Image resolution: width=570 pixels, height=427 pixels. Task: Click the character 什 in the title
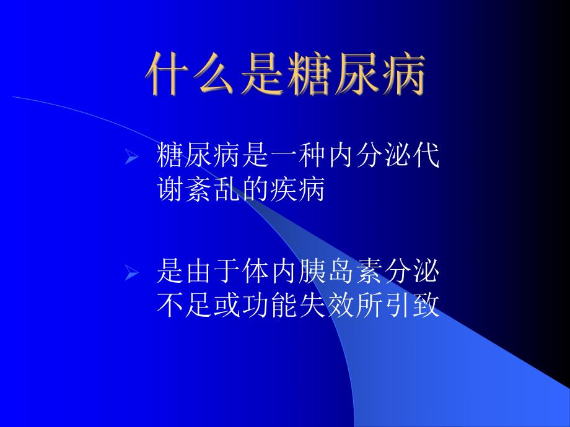(x=167, y=74)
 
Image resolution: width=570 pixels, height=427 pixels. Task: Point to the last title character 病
(x=403, y=74)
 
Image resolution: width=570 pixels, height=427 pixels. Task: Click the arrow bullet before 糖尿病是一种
(x=131, y=160)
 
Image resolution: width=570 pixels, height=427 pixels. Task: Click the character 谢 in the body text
(x=170, y=189)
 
